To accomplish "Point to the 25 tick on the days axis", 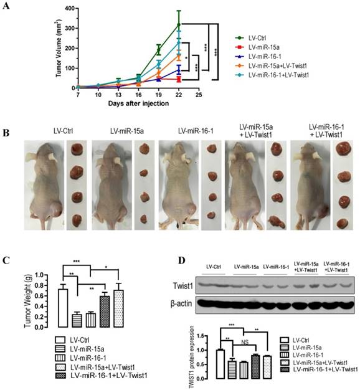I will tap(199, 95).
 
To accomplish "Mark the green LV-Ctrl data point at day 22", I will tap(179, 25).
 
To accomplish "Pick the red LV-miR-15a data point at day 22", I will tap(179, 80).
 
